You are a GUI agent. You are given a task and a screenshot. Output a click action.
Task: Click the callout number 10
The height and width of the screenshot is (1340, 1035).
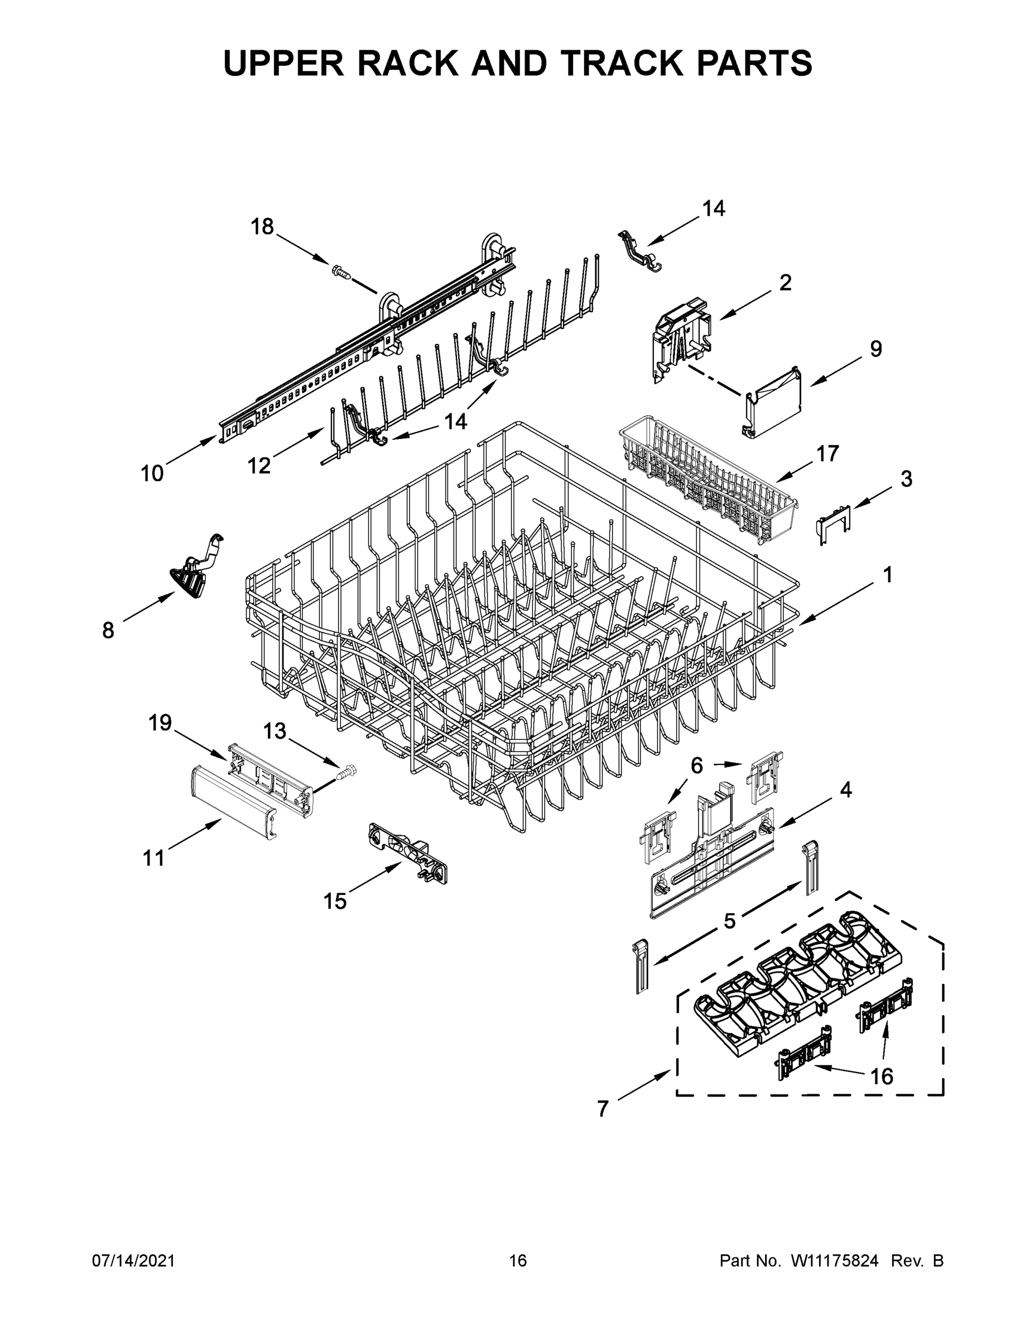[152, 473]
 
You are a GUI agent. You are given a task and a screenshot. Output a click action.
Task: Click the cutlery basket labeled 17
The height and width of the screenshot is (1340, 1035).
[708, 478]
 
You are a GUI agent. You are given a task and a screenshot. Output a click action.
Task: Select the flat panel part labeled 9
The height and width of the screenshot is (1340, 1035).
[774, 401]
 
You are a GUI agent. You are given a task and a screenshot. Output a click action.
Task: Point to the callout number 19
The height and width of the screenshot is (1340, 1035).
[160, 723]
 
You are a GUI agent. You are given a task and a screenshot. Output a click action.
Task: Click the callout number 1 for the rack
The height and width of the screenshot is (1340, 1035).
[887, 575]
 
